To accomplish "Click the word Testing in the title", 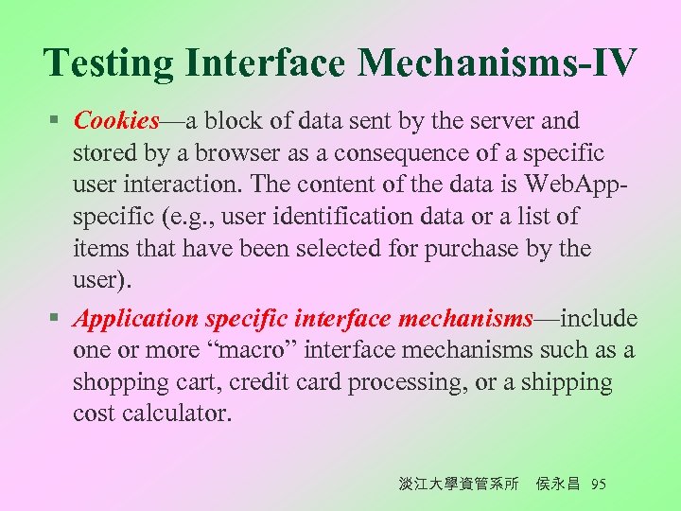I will coord(109,63).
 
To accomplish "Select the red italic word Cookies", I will coord(116,121).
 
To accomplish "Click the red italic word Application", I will coord(136,319).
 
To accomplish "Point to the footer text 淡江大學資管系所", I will coord(459,485).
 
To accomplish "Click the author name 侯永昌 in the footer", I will coord(557,485).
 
